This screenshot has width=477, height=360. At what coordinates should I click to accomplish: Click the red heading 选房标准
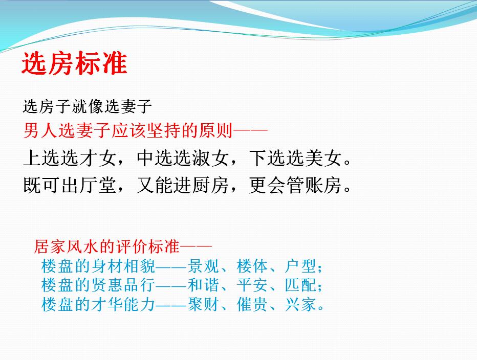coord(75,63)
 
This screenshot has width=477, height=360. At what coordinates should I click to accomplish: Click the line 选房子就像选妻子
coord(88,106)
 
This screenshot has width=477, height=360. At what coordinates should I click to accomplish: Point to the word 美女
coord(323,158)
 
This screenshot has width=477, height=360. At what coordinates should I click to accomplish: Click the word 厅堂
coord(98,185)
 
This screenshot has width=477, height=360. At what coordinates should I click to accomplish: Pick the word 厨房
coord(210,185)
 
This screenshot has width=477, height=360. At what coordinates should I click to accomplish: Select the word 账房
coord(323,185)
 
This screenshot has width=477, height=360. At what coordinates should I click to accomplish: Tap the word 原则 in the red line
coord(215,131)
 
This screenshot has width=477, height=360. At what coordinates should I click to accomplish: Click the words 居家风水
coord(67,246)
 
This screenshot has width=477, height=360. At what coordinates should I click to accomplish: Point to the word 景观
coord(203,266)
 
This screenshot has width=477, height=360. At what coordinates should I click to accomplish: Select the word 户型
coord(300,266)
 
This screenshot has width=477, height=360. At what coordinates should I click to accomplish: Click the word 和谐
coord(203,285)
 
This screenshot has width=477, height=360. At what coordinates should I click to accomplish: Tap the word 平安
coord(252,285)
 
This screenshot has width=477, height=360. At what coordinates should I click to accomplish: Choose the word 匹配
coord(300,285)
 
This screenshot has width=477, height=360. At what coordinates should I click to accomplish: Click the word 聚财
coord(203,304)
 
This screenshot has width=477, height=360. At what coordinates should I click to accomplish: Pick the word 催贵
coord(252,304)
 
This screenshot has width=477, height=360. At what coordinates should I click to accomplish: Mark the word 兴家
coord(300,304)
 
